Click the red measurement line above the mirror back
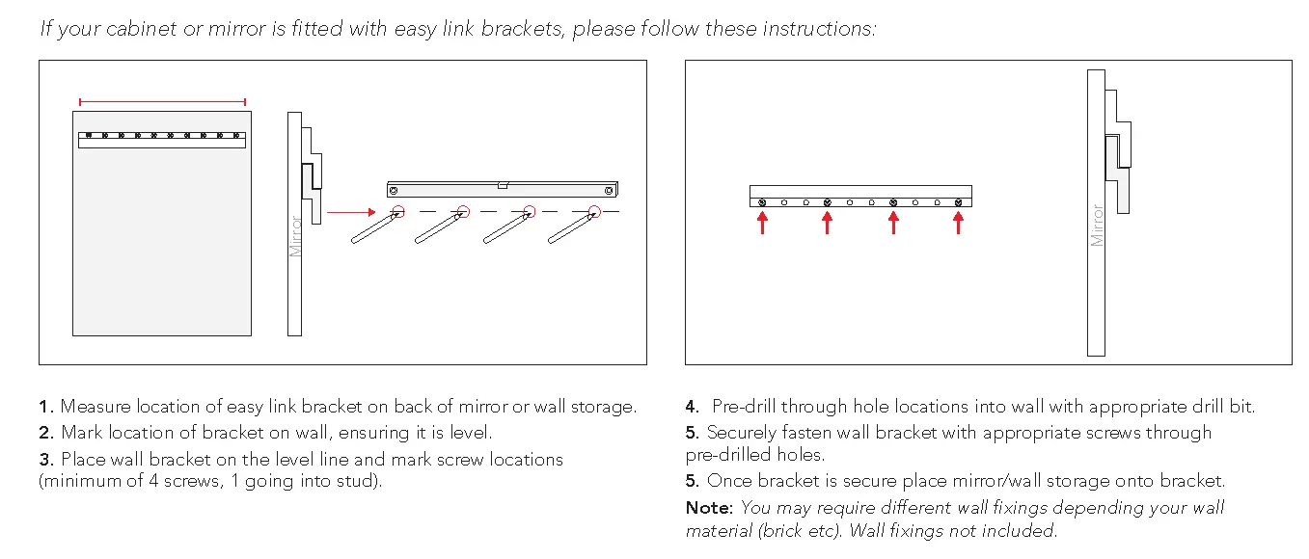(x=162, y=101)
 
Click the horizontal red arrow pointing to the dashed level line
(x=350, y=212)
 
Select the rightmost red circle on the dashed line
(x=595, y=212)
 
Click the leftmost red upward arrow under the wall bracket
(x=762, y=223)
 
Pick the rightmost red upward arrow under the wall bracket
(x=958, y=223)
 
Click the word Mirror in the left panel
(x=296, y=236)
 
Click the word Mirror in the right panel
(x=1097, y=225)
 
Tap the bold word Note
(x=708, y=507)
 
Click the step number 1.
(x=45, y=407)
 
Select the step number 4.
(x=692, y=407)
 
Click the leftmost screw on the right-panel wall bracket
(x=763, y=202)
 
